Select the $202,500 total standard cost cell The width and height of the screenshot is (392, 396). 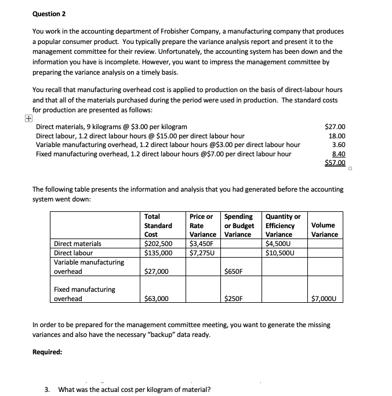pos(158,244)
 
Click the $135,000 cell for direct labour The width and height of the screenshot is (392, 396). pos(158,252)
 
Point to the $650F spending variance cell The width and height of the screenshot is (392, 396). pos(234,271)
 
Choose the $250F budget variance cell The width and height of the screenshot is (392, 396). pos(234,299)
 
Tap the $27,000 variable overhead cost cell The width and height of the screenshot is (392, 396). pos(156,271)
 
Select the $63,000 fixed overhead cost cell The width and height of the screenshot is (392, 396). pos(156,299)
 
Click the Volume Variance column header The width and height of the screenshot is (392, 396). pos(325,230)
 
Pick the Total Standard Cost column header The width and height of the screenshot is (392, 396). pos(158,225)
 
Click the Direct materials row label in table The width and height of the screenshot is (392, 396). pos(77,244)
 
